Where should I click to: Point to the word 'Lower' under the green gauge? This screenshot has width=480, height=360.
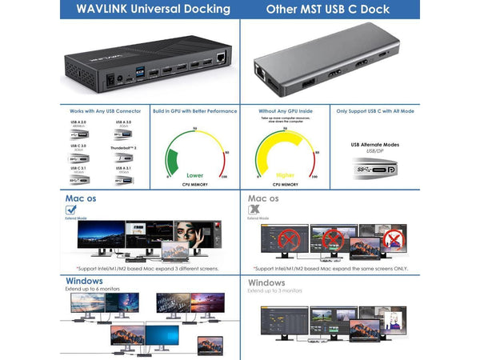click(x=195, y=174)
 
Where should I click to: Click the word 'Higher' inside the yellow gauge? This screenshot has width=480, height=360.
click(x=285, y=174)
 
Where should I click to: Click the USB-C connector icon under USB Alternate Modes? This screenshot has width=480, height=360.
click(x=374, y=170)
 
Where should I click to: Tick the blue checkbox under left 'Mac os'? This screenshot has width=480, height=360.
click(x=71, y=210)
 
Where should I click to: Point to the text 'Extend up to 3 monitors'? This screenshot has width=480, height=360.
click(x=275, y=290)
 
